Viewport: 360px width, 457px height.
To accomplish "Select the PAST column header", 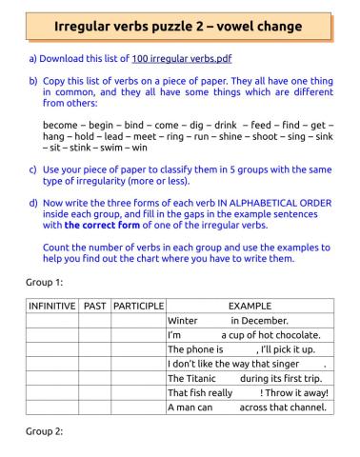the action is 94,307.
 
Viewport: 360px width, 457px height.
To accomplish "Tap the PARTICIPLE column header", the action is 138,307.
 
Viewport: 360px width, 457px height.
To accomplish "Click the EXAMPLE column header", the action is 250,307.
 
